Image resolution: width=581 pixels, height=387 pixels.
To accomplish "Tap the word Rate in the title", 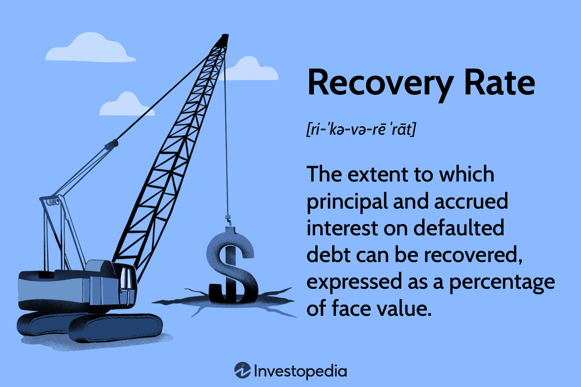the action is click(x=500, y=82).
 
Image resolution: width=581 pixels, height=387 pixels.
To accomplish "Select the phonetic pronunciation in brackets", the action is click(x=361, y=129).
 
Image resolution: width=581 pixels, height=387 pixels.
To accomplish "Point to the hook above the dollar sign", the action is click(x=228, y=220).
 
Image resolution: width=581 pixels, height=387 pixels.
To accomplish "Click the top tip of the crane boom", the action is click(x=225, y=36).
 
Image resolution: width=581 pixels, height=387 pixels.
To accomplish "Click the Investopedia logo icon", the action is click(x=242, y=370).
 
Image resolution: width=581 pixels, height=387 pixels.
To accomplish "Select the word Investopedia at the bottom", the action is click(x=300, y=372).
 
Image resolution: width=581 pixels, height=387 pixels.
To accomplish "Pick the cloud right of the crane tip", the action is click(x=249, y=69).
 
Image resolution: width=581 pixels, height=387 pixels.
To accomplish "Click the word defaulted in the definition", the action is click(x=459, y=228).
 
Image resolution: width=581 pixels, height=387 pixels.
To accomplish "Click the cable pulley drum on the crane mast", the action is click(x=53, y=201).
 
